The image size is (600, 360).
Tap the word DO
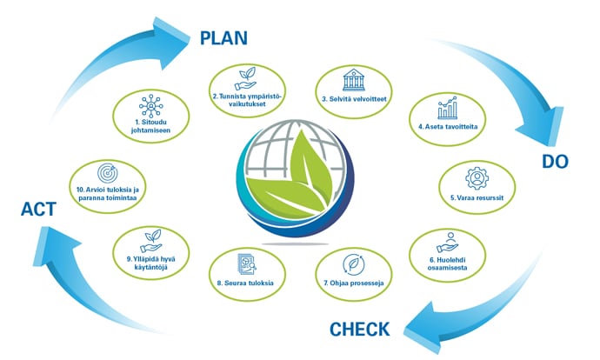tap(555, 161)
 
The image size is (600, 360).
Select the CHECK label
tap(359, 330)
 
